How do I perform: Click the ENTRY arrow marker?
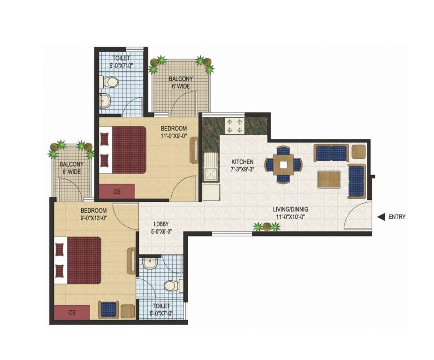381,217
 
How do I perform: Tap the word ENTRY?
396,217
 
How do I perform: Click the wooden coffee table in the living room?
329,179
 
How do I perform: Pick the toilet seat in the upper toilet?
111,83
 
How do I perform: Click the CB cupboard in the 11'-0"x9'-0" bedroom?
117,191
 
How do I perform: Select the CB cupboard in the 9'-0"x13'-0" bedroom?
72,312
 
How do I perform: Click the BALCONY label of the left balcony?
71,164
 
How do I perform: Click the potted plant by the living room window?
266,227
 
